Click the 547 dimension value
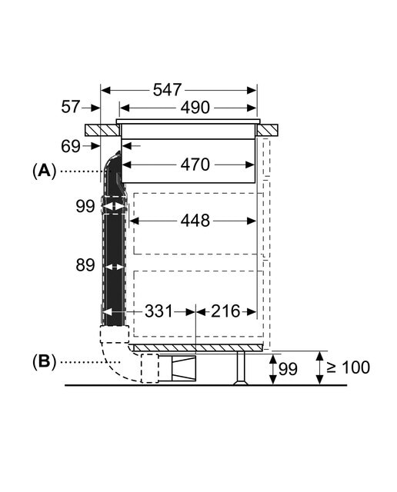167,90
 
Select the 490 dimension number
195,108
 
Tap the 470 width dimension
195,165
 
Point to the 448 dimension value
195,221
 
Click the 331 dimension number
158,311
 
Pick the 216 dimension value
225,311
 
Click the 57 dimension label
71,107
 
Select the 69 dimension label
71,146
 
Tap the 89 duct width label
85,265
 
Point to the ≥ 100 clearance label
349,367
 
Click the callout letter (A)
44,171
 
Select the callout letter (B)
44,362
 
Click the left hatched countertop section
102,130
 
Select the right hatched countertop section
268,130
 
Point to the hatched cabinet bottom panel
197,347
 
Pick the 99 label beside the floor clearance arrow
288,369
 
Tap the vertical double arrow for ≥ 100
320,367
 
